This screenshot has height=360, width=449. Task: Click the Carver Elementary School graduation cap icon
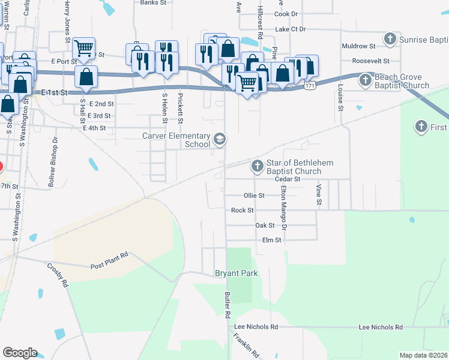coord(220,139)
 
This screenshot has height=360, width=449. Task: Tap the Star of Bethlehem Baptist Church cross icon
coord(257,166)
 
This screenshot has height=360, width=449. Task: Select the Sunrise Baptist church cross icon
coord(390,40)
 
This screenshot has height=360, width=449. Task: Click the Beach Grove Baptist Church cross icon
coord(365,79)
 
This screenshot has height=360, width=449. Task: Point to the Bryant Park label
coord(237,274)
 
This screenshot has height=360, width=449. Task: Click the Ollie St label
coord(254,196)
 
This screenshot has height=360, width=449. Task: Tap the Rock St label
coord(243,211)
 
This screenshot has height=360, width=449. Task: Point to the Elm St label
coord(272,240)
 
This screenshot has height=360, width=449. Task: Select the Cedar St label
coord(287,179)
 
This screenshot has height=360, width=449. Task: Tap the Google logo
coord(20,353)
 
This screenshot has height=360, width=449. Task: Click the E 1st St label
coord(56,92)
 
